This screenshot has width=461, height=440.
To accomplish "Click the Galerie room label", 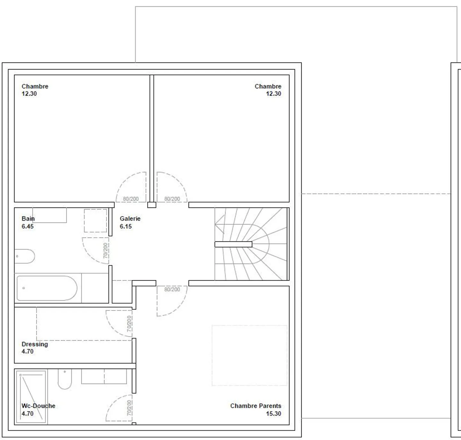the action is pyautogui.click(x=130, y=219).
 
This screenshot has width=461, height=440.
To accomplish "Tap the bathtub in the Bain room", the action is pyautogui.click(x=47, y=288).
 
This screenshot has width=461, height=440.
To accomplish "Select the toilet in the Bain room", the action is pyautogui.click(x=25, y=256).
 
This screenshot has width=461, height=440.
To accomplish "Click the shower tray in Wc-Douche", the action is pyautogui.click(x=31, y=397).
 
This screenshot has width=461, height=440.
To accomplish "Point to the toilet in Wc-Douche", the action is pyautogui.click(x=64, y=379).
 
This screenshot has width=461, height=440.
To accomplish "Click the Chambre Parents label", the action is pyautogui.click(x=255, y=406).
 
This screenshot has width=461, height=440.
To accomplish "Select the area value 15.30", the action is pyautogui.click(x=273, y=413).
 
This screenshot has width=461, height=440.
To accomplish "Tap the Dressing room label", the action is pyautogui.click(x=35, y=344).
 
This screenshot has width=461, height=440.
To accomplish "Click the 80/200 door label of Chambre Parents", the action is pyautogui.click(x=172, y=289).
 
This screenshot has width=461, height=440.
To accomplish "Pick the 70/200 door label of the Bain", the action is pyautogui.click(x=106, y=250).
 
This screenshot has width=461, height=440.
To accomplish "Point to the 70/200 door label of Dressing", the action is pyautogui.click(x=129, y=324).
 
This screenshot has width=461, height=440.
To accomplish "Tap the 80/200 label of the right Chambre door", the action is pyautogui.click(x=172, y=199).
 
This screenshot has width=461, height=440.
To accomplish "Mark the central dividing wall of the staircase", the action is pyautogui.click(x=233, y=244).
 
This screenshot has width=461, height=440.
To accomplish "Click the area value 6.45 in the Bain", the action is pyautogui.click(x=28, y=226).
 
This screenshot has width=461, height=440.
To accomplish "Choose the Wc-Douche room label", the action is pyautogui.click(x=38, y=406).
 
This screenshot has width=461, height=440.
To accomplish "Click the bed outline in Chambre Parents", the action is pyautogui.click(x=249, y=355).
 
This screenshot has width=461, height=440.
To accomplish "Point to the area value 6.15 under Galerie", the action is pyautogui.click(x=126, y=226).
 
